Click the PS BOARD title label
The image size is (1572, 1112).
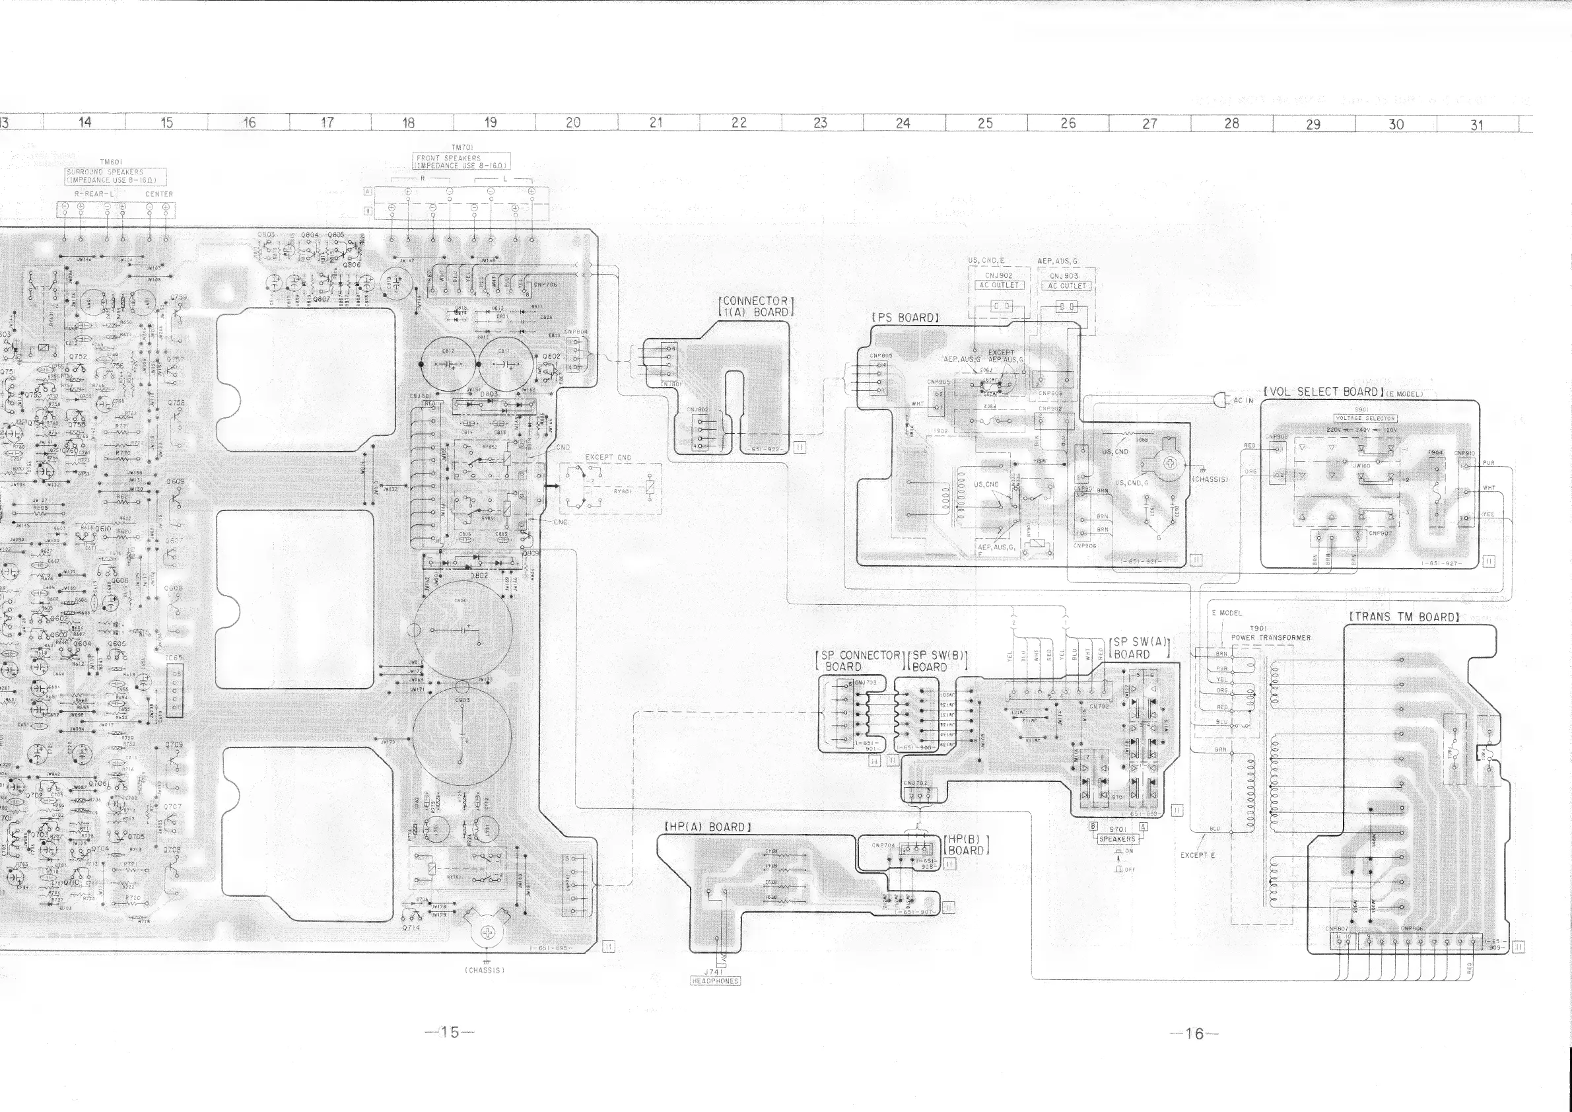tap(905, 318)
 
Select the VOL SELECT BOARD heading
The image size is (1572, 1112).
tap(1320, 392)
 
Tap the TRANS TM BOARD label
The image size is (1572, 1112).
tap(1404, 616)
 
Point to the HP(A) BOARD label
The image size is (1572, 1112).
tap(708, 827)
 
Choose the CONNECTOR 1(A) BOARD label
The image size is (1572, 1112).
tap(755, 306)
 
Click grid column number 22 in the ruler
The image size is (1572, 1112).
tap(739, 123)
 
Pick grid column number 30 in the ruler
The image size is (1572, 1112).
tap(1396, 124)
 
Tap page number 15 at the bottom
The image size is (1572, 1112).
tap(450, 1033)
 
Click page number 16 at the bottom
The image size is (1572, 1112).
tap(1194, 1034)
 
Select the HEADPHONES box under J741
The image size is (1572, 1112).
tap(716, 981)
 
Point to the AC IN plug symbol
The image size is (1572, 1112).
tap(1221, 400)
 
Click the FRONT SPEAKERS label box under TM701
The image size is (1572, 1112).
tap(462, 162)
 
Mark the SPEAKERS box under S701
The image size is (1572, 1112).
tap(1117, 839)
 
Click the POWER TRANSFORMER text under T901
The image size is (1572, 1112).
tap(1271, 637)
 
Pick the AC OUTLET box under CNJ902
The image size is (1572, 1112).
tap(999, 285)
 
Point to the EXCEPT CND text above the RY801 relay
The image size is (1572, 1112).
tap(608, 458)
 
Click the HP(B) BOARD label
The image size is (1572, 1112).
tap(966, 845)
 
